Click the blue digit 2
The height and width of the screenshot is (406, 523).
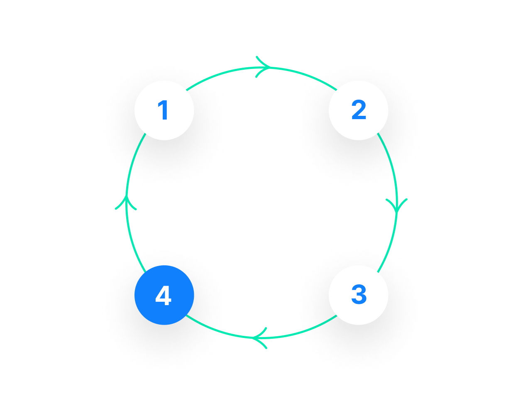[359, 111]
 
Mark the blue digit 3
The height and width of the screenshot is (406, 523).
[359, 295]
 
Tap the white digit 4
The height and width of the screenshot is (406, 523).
[163, 296]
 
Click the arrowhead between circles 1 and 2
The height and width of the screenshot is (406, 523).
[263, 67]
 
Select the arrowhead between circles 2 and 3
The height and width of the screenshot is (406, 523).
[396, 205]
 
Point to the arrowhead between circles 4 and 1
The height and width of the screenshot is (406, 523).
[126, 202]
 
